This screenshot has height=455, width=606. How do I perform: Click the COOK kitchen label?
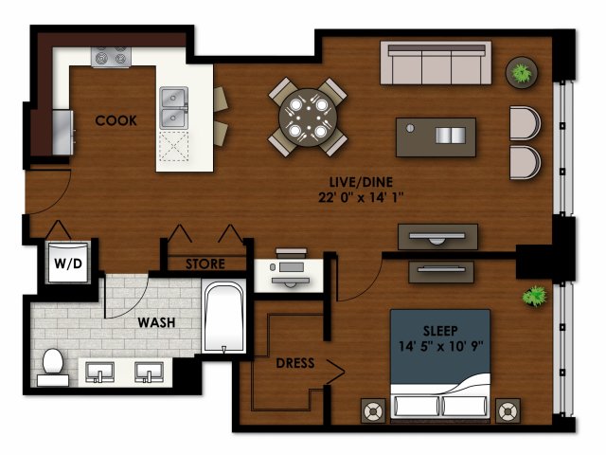(x=116, y=120)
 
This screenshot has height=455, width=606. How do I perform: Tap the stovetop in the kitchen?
(x=111, y=57)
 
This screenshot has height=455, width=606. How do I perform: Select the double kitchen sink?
(x=174, y=108)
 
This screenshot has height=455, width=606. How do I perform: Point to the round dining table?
(x=308, y=118)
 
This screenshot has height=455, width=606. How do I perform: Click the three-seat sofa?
(x=436, y=63)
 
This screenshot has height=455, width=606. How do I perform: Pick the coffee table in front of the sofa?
(x=436, y=137)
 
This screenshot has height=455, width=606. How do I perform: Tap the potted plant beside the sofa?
(x=522, y=72)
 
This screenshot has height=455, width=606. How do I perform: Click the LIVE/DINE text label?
(x=361, y=182)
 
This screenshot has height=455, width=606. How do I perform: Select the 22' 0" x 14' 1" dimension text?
(x=361, y=198)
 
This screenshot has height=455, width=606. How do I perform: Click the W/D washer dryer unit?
(x=68, y=263)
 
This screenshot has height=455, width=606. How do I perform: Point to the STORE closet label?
(x=205, y=264)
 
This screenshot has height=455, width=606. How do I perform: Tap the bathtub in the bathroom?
(x=223, y=318)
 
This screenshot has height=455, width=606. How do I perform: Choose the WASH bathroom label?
(x=156, y=322)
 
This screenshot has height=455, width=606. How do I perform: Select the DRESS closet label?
(x=295, y=363)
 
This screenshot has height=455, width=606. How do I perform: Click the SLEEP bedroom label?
(x=440, y=331)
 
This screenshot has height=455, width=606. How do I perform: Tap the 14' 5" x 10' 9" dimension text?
(x=440, y=346)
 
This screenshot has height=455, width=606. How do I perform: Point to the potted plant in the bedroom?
(x=534, y=296)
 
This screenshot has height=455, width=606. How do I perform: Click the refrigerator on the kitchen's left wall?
(x=62, y=133)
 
